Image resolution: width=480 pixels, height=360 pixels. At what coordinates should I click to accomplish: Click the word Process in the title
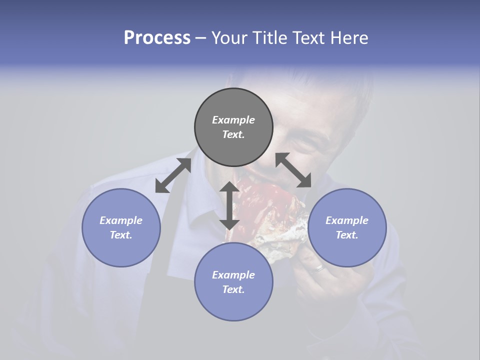tap(157, 38)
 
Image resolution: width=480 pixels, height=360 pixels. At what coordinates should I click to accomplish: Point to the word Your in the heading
tap(228, 38)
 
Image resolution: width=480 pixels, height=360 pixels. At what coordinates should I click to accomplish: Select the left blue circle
tap(121, 227)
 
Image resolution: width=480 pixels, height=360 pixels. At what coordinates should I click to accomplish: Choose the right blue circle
tap(347, 227)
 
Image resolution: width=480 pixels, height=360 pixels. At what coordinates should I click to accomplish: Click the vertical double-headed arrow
tap(229, 205)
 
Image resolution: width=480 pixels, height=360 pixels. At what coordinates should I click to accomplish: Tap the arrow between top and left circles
tap(173, 175)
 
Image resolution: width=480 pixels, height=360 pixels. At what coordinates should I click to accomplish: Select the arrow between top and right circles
tap(293, 170)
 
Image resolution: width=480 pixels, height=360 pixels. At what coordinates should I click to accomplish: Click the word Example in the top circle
tap(233, 120)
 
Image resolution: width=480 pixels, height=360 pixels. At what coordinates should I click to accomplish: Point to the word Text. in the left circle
tap(121, 235)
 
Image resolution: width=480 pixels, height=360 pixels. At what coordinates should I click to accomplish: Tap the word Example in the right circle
tap(347, 220)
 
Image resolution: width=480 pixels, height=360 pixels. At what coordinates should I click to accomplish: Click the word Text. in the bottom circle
tap(233, 289)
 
